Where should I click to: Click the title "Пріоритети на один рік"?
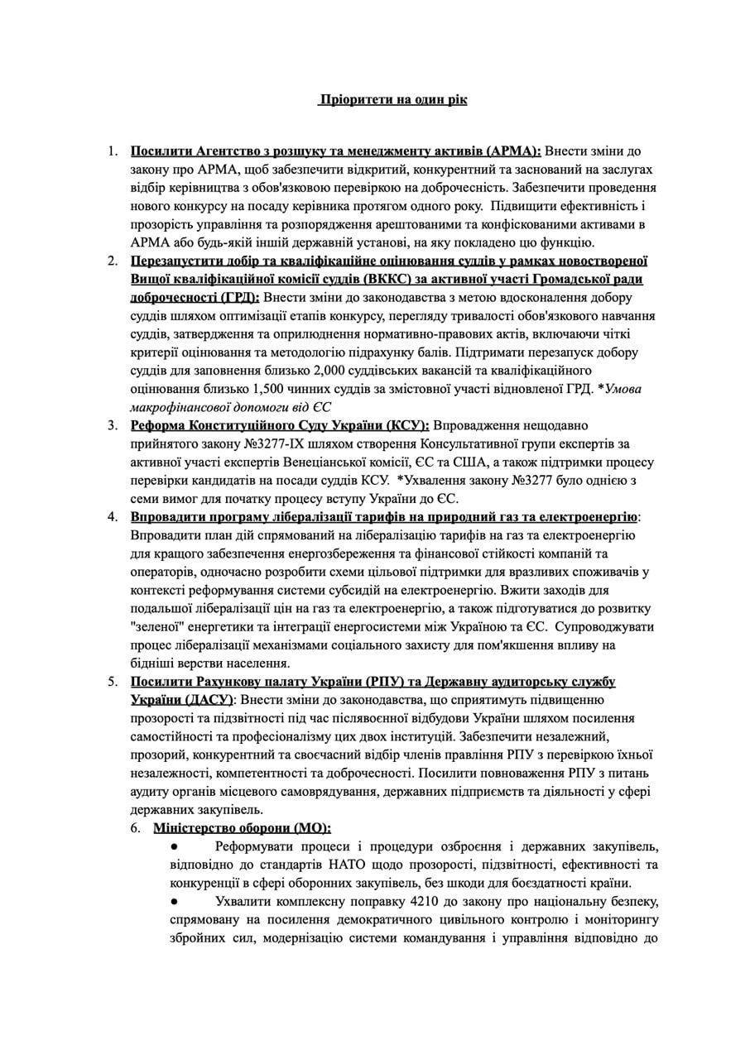(x=392, y=100)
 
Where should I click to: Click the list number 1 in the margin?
(x=113, y=151)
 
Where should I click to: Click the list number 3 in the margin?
(x=113, y=425)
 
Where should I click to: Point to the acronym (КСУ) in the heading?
(x=403, y=425)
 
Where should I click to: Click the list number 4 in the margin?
(x=113, y=516)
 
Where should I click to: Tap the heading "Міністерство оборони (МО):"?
(x=242, y=827)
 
